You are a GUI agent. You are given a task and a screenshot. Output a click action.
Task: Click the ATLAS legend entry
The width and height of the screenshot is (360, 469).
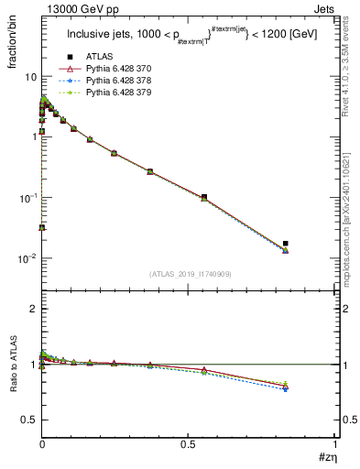(97, 57)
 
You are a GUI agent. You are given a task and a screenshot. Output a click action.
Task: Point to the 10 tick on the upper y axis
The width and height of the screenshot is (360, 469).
(28, 76)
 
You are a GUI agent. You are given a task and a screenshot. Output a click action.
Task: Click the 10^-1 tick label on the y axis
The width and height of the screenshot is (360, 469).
(26, 198)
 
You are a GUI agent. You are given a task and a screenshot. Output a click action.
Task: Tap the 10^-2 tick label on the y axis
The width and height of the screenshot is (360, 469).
(26, 259)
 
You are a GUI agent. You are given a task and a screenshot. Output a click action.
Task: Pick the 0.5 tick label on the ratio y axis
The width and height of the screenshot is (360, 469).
(28, 420)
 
